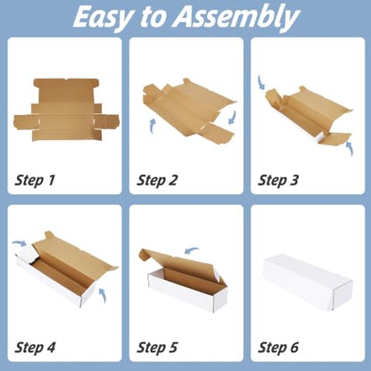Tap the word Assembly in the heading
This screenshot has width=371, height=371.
click(236, 17)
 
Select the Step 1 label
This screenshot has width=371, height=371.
click(35, 181)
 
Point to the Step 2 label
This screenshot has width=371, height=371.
click(157, 181)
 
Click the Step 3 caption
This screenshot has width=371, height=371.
click(278, 181)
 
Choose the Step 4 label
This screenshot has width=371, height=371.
click(35, 348)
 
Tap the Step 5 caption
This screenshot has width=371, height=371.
click(157, 348)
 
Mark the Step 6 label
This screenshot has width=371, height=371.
click(278, 348)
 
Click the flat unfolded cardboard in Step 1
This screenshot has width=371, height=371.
click(66, 110)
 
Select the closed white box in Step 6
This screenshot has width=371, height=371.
click(308, 283)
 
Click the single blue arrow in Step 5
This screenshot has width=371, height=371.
click(191, 251)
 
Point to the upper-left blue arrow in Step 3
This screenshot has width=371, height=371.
click(261, 82)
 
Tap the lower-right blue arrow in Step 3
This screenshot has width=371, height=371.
click(350, 148)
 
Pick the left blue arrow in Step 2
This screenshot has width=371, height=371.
click(153, 126)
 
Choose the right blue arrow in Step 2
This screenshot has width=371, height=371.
click(233, 117)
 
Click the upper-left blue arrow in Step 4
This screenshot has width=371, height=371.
click(19, 243)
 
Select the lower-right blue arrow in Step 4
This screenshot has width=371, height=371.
click(103, 295)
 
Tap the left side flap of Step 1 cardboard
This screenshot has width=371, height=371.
click(26, 122)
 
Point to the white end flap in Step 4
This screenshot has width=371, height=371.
click(28, 255)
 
